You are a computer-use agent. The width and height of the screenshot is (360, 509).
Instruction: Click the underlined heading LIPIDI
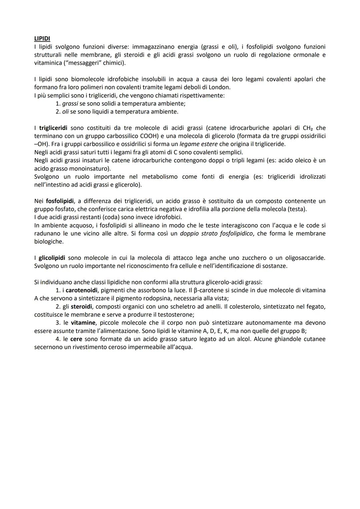coord(42,39)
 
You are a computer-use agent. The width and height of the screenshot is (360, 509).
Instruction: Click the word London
coord(219,87)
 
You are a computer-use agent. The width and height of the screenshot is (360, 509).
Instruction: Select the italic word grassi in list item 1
coord(70,104)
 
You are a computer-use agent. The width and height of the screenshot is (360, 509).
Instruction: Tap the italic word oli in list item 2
coord(65,112)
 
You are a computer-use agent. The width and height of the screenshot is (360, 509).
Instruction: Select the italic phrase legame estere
coord(198,144)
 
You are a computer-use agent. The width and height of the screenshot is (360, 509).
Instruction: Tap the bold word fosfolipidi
coord(60,201)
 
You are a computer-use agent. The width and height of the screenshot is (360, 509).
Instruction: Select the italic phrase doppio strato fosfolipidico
coord(216,233)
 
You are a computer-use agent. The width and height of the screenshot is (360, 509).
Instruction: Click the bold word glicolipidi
coord(52,258)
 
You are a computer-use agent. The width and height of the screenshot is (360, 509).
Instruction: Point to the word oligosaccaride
coord(305,258)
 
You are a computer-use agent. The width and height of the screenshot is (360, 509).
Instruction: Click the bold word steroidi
coord(81,306)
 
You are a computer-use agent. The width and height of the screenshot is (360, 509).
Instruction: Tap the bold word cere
coord(76,339)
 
